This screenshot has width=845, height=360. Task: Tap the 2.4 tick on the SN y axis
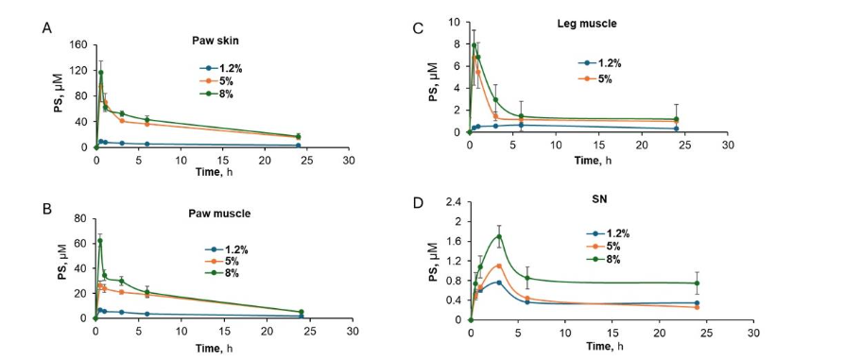(455, 202)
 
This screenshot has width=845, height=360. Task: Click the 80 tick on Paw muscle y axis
(80, 217)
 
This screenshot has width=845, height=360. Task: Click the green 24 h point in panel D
(697, 283)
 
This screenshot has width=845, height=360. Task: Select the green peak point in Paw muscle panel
(100, 241)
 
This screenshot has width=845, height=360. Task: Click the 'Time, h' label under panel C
(596, 160)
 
